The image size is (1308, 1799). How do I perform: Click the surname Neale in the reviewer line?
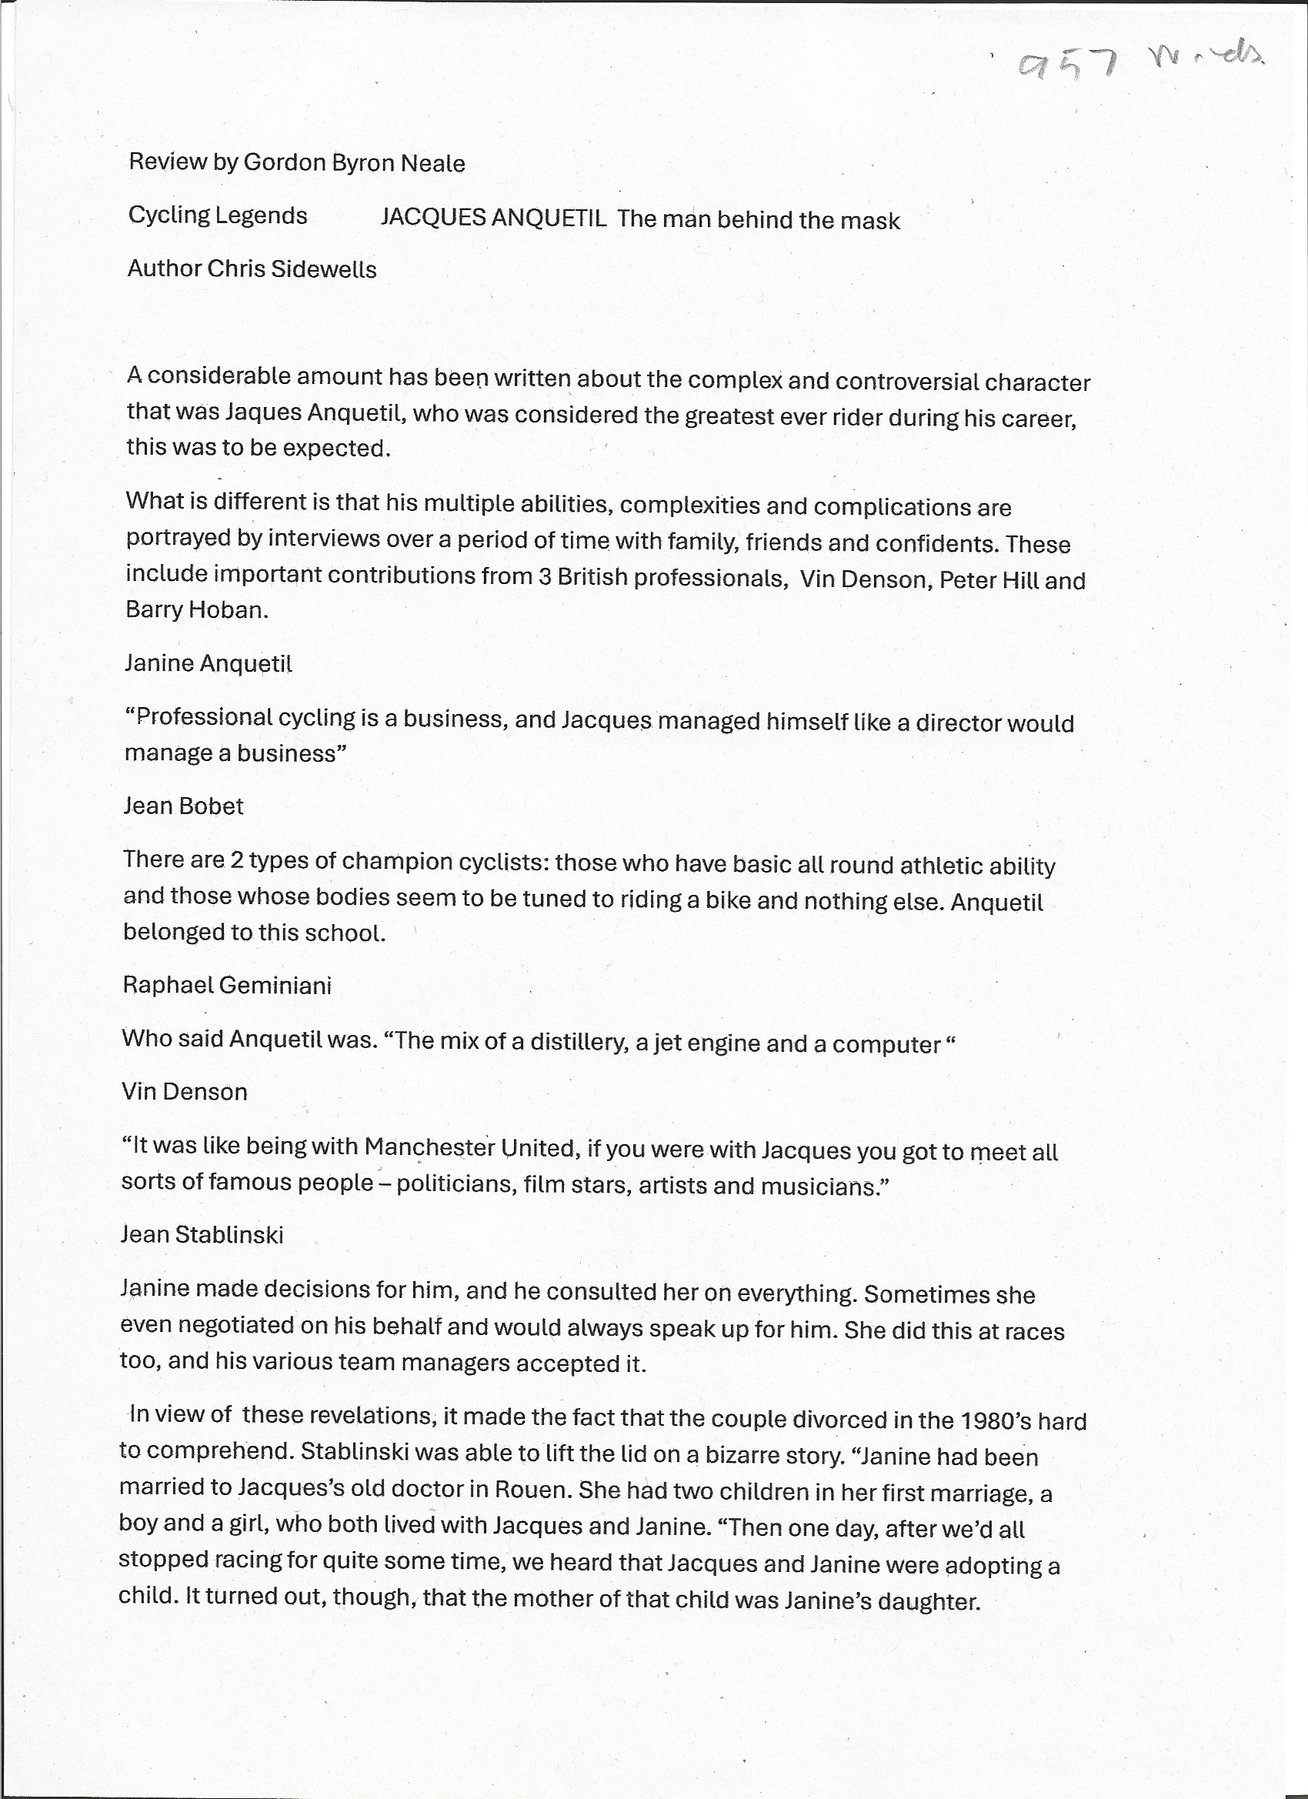pos(432,163)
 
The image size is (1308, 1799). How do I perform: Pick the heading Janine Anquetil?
pos(208,663)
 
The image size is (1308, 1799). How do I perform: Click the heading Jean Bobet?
pos(183,806)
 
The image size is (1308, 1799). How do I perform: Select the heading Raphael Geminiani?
pos(227,986)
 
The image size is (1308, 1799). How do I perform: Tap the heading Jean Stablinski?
pos(202,1235)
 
